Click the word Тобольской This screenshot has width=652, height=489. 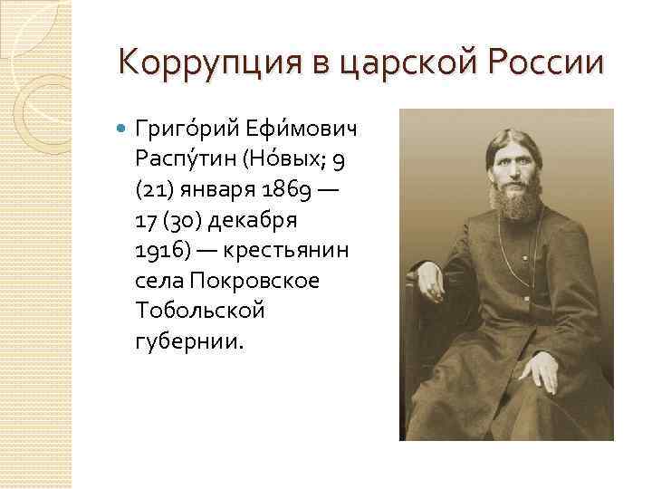pos(200,312)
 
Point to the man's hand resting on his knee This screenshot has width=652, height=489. pos(543,369)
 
